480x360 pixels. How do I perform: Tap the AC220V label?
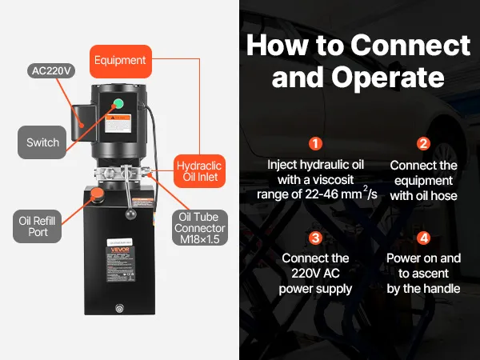point(51,70)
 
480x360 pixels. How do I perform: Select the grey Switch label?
point(42,142)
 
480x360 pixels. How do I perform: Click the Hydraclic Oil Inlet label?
point(199,171)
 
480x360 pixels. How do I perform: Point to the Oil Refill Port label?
point(37,226)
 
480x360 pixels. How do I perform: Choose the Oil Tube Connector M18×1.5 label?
point(200,228)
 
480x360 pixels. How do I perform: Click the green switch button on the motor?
point(118,103)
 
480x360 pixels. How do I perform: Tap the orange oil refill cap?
point(98,193)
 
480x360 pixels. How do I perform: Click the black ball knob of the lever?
point(131,214)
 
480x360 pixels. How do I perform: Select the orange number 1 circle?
point(316,143)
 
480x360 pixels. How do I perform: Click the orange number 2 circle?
point(423,143)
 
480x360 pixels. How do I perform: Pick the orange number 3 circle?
point(316,238)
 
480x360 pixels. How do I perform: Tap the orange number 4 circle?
point(424,238)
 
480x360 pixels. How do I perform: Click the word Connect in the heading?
point(410,46)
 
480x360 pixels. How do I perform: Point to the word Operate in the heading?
point(388,77)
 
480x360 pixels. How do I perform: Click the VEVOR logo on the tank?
point(120,250)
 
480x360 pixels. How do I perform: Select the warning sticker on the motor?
point(118,123)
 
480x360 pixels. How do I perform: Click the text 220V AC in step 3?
point(315,274)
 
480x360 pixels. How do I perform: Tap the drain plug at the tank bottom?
point(119,308)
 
